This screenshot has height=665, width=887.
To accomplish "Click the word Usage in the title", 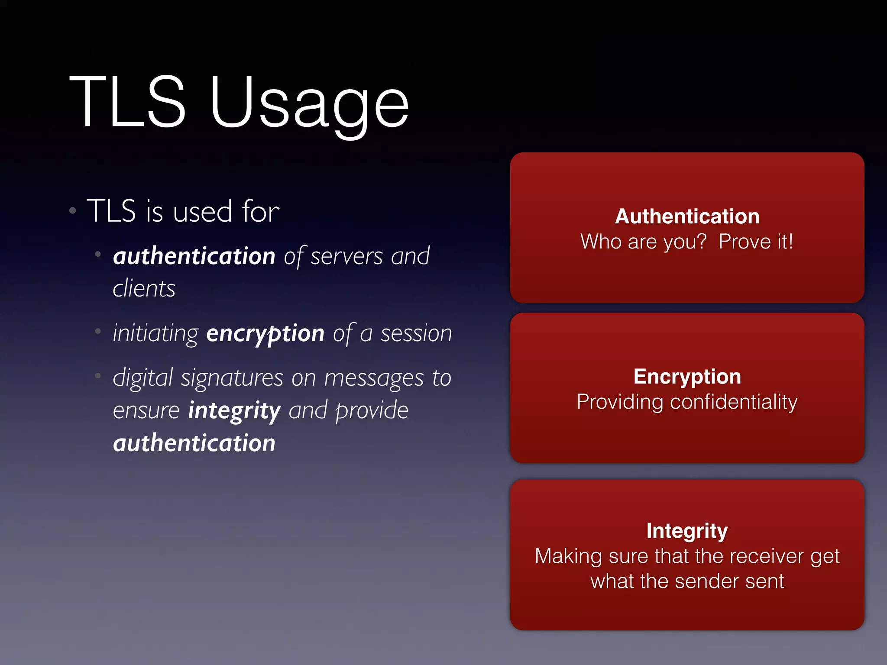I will (x=309, y=104).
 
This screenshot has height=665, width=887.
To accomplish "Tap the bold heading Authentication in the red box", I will (x=687, y=216).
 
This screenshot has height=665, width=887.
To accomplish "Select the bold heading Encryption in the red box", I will (x=687, y=377).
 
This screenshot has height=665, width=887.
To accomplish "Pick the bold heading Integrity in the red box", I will (x=687, y=531).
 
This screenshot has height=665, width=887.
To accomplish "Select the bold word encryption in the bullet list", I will (x=265, y=334).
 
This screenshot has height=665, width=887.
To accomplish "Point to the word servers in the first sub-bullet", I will (x=346, y=256).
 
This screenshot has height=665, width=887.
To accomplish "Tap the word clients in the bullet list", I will (x=144, y=289).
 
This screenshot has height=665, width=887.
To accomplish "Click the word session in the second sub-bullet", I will (x=416, y=334).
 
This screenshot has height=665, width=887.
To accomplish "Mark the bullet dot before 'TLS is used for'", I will (x=73, y=211).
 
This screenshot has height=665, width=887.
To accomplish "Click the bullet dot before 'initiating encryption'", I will (x=98, y=332).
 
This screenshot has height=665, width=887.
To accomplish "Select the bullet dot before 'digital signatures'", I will (x=98, y=376).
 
